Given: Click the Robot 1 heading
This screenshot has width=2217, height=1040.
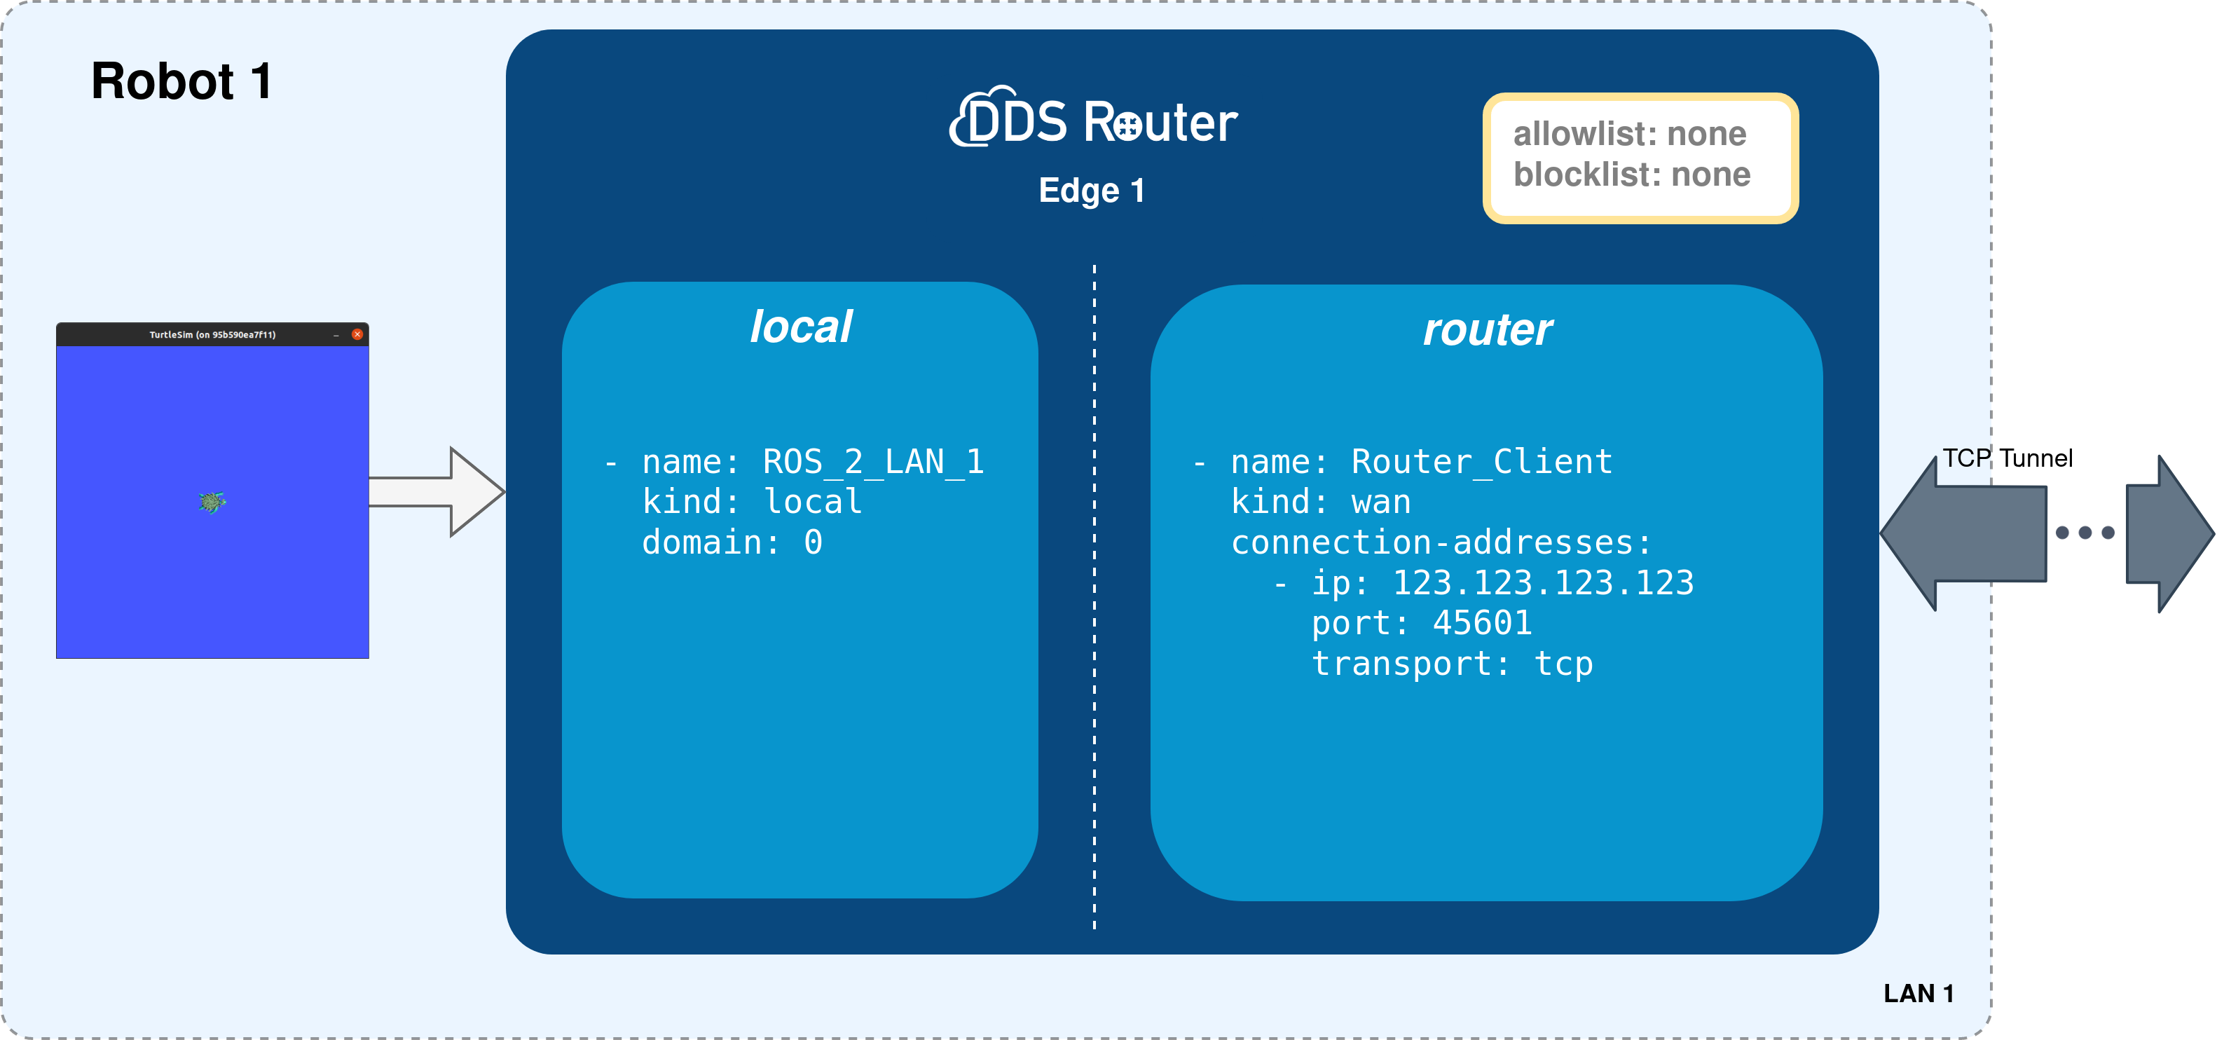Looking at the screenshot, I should (x=181, y=82).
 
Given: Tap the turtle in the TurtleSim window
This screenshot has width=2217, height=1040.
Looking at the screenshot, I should (x=212, y=501).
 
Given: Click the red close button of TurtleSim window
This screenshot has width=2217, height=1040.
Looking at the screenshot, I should (x=357, y=334).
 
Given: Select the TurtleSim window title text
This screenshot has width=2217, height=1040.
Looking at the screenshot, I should (x=212, y=335).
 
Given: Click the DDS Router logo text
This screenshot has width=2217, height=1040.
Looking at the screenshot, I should (x=1094, y=121).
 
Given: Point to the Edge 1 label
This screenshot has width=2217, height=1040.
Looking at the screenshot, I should (x=1091, y=190).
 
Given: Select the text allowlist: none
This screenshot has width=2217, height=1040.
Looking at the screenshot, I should (x=1629, y=135).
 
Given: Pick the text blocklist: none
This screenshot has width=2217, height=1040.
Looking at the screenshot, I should (x=1632, y=175).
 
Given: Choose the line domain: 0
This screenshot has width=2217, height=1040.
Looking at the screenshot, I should (x=732, y=542).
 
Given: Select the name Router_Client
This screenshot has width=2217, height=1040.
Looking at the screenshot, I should (x=1481, y=463).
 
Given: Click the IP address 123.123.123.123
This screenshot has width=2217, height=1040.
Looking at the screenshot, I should (x=1542, y=583).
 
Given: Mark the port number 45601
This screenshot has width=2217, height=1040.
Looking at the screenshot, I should (x=1482, y=623).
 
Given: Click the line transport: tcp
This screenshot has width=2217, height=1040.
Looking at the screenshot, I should (x=1452, y=664).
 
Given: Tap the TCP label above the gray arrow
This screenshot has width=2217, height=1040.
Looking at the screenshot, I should (x=1965, y=458).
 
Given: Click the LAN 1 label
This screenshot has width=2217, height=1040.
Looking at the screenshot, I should (x=1919, y=994).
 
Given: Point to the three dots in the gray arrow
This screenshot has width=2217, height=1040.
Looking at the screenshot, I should (x=2085, y=533).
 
